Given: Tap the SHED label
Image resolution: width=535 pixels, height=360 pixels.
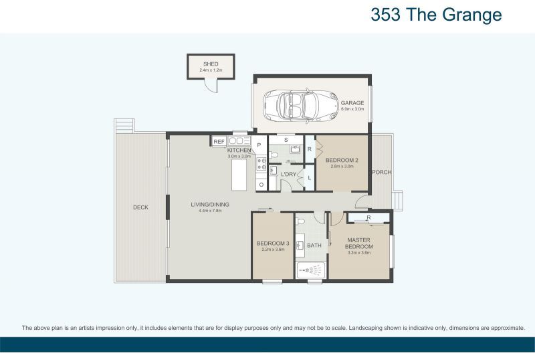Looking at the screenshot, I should click(x=211, y=64).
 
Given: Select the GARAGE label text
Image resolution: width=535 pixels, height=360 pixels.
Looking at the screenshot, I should click(x=352, y=103).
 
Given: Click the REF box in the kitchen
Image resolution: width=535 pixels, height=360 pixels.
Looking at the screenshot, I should click(x=218, y=141).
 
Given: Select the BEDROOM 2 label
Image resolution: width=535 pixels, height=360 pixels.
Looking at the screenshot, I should click(x=342, y=161).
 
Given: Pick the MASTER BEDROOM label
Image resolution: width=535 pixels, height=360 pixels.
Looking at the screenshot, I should click(x=360, y=242).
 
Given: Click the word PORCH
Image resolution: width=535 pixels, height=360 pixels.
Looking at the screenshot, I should click(x=382, y=172).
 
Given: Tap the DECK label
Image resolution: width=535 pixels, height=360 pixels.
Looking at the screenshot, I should click(x=140, y=207).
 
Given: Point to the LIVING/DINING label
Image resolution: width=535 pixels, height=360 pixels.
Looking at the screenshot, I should click(x=209, y=204).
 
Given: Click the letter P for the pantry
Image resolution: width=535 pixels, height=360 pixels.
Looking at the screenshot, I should click(x=258, y=145).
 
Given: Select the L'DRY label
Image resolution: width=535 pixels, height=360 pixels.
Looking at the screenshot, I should click(x=289, y=175).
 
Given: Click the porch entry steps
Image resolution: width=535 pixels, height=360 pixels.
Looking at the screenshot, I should click(x=399, y=199).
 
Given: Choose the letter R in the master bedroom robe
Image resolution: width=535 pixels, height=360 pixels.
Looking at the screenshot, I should click(x=368, y=217).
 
